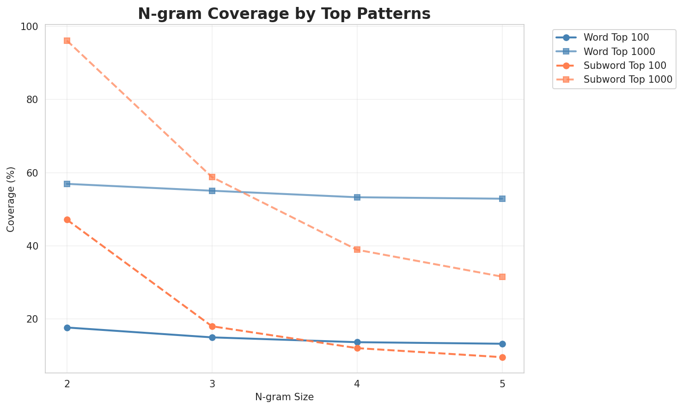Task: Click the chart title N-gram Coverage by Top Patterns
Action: click(x=284, y=14)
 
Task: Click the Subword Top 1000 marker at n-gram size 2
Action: click(x=67, y=41)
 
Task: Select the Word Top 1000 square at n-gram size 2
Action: click(x=67, y=184)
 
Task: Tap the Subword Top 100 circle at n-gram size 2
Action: click(x=67, y=220)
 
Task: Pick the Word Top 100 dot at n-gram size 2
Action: click(x=67, y=328)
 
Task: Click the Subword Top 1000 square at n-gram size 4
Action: click(x=357, y=250)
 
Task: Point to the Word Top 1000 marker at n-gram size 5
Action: click(x=502, y=199)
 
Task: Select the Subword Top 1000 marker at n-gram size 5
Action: click(x=502, y=277)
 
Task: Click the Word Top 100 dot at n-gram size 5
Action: click(x=502, y=344)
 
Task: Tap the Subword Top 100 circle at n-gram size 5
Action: click(x=502, y=357)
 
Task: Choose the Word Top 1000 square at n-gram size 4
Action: click(x=357, y=197)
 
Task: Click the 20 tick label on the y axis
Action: click(x=33, y=319)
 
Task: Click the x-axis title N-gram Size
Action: click(x=284, y=397)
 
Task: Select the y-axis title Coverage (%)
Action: click(x=11, y=199)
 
